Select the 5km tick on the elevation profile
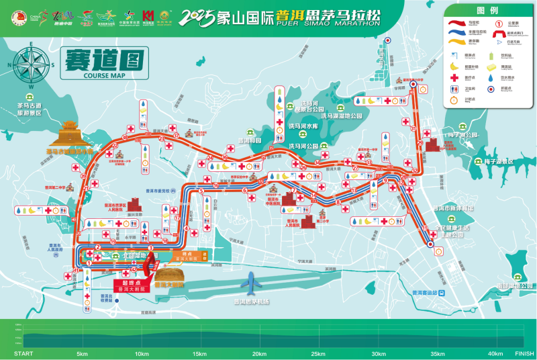coord(83,354)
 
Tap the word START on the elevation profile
coord(23,354)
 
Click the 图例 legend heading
coord(487,11)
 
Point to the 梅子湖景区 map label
coord(499,162)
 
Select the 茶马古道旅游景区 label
coord(30,109)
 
